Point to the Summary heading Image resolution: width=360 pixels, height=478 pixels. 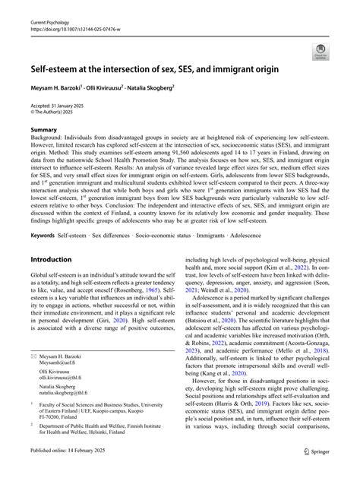point(44,131)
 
